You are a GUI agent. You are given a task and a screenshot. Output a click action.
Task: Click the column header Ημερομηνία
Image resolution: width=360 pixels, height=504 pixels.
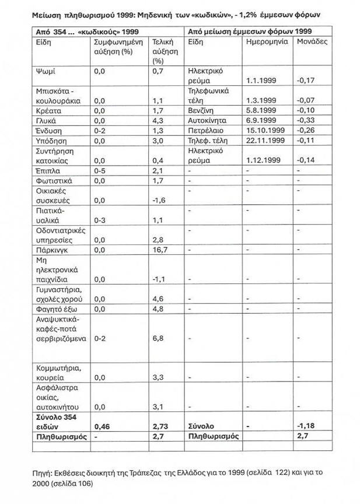(266, 43)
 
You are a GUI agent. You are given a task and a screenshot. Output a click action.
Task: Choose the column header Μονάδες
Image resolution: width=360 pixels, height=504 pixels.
(312, 43)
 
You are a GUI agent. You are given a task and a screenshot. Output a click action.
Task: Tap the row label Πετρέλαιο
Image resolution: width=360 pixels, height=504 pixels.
(204, 130)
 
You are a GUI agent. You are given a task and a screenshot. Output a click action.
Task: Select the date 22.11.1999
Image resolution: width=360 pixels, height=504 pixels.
(264, 141)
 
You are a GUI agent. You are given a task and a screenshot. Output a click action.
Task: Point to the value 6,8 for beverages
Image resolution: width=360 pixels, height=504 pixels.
(157, 338)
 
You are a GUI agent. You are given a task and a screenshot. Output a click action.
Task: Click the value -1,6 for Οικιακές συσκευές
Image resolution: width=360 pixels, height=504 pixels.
(158, 200)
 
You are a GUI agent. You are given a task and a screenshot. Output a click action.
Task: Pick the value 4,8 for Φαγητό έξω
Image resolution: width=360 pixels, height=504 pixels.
(157, 309)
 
